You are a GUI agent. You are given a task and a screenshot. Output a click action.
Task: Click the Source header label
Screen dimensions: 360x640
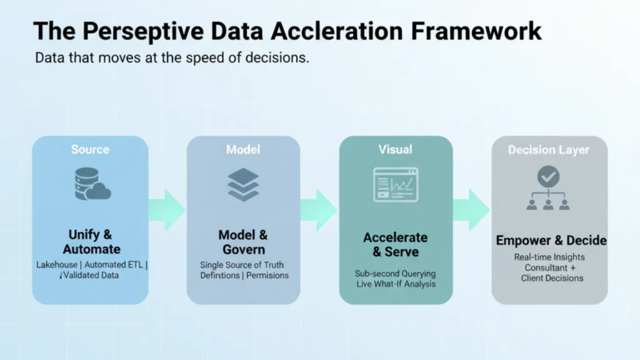pyautogui.click(x=90, y=149)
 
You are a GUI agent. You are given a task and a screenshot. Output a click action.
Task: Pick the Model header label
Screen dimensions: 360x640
pyautogui.click(x=243, y=149)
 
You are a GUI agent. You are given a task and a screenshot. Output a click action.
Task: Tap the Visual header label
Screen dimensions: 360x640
pyautogui.click(x=395, y=149)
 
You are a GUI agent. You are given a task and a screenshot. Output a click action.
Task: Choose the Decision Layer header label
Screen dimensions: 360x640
pyautogui.click(x=549, y=150)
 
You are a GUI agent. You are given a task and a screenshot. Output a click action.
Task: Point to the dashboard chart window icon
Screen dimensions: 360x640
pyautogui.click(x=395, y=184)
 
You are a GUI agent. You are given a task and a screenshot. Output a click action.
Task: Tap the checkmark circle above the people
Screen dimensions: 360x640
pyautogui.click(x=549, y=177)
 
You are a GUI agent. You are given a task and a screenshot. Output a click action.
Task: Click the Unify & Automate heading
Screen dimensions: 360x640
pyautogui.click(x=91, y=242)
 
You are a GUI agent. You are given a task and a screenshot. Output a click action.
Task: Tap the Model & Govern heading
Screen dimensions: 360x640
pyautogui.click(x=243, y=242)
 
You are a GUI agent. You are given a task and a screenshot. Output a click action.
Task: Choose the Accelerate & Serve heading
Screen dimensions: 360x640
pyautogui.click(x=396, y=245)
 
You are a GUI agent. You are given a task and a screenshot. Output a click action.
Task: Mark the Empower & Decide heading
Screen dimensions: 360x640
pyautogui.click(x=551, y=241)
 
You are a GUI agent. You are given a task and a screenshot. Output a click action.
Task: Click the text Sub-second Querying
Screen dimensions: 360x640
pyautogui.click(x=395, y=274)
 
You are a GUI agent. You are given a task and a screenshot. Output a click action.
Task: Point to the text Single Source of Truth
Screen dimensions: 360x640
pyautogui.click(x=242, y=264)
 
